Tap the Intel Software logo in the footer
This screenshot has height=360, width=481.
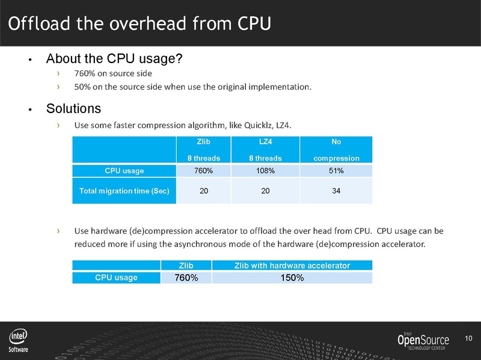point(18,340)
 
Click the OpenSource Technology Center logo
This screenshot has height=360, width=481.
point(423,341)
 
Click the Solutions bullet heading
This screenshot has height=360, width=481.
point(73,109)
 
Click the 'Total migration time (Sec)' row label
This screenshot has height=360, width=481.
point(124,191)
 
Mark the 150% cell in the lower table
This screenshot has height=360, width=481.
point(292,278)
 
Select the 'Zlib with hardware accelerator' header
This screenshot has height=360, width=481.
point(292,265)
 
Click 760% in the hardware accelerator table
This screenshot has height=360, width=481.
point(186,278)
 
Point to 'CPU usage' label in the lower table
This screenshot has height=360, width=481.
point(116,278)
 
